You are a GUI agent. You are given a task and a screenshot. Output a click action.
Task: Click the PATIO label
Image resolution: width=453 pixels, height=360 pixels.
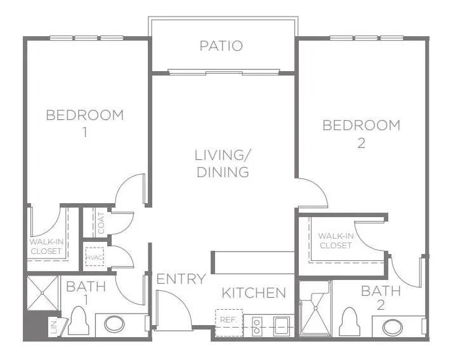[x=221, y=46]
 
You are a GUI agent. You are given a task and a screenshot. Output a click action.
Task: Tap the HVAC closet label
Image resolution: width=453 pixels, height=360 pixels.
[x=95, y=257]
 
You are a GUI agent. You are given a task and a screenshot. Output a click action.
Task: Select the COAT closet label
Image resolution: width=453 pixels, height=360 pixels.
[x=101, y=223]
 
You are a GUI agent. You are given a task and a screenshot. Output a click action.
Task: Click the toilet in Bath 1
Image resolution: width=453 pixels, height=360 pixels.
[x=79, y=321]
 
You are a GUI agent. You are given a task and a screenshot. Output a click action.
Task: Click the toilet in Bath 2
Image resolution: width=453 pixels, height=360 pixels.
[x=350, y=322]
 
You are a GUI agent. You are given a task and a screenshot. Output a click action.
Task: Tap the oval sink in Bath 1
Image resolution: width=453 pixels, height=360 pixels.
[x=114, y=324]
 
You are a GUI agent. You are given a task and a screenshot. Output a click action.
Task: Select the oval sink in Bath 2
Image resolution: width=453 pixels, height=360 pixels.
[x=392, y=328]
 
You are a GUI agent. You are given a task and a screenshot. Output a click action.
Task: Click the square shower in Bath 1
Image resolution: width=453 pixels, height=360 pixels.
[x=43, y=293]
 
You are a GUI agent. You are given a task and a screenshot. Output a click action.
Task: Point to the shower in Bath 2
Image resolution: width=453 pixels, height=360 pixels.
[x=315, y=308]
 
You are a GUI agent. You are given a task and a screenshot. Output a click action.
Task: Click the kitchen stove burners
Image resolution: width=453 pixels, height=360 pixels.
[x=257, y=326]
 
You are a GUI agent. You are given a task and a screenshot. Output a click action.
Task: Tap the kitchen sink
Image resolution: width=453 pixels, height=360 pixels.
[x=282, y=326]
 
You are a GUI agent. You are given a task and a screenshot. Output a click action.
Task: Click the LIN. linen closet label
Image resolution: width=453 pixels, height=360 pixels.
[x=55, y=327]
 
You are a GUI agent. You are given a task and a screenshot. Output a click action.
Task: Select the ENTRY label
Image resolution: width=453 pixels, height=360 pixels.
[x=181, y=279]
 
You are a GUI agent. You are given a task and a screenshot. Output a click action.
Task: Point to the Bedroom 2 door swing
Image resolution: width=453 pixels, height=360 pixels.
[x=313, y=193]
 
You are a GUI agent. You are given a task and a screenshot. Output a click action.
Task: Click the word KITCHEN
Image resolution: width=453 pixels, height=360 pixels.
[x=254, y=293]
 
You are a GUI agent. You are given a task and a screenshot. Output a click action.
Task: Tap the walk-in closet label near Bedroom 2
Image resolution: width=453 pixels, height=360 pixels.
[x=336, y=241]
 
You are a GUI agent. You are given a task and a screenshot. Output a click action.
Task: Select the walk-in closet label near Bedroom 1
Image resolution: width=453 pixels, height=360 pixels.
[x=46, y=246]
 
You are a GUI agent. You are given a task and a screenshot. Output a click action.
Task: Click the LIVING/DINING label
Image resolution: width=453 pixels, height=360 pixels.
[x=223, y=164]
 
